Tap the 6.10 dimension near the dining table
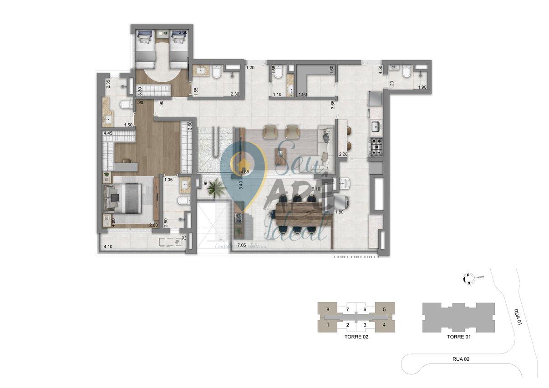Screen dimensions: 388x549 (316, 189)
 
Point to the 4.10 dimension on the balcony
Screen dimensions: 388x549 (108, 247)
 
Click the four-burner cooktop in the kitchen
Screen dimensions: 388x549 (377, 147)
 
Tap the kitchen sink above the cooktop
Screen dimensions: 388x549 (377, 126)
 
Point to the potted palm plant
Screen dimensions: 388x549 (215, 188)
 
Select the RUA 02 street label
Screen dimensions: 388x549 (461, 359)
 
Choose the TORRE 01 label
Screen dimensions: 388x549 (458, 338)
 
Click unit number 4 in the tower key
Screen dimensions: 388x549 (384, 325)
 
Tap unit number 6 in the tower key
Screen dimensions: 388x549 (365, 310)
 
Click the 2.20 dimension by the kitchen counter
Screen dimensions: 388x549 (343, 155)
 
